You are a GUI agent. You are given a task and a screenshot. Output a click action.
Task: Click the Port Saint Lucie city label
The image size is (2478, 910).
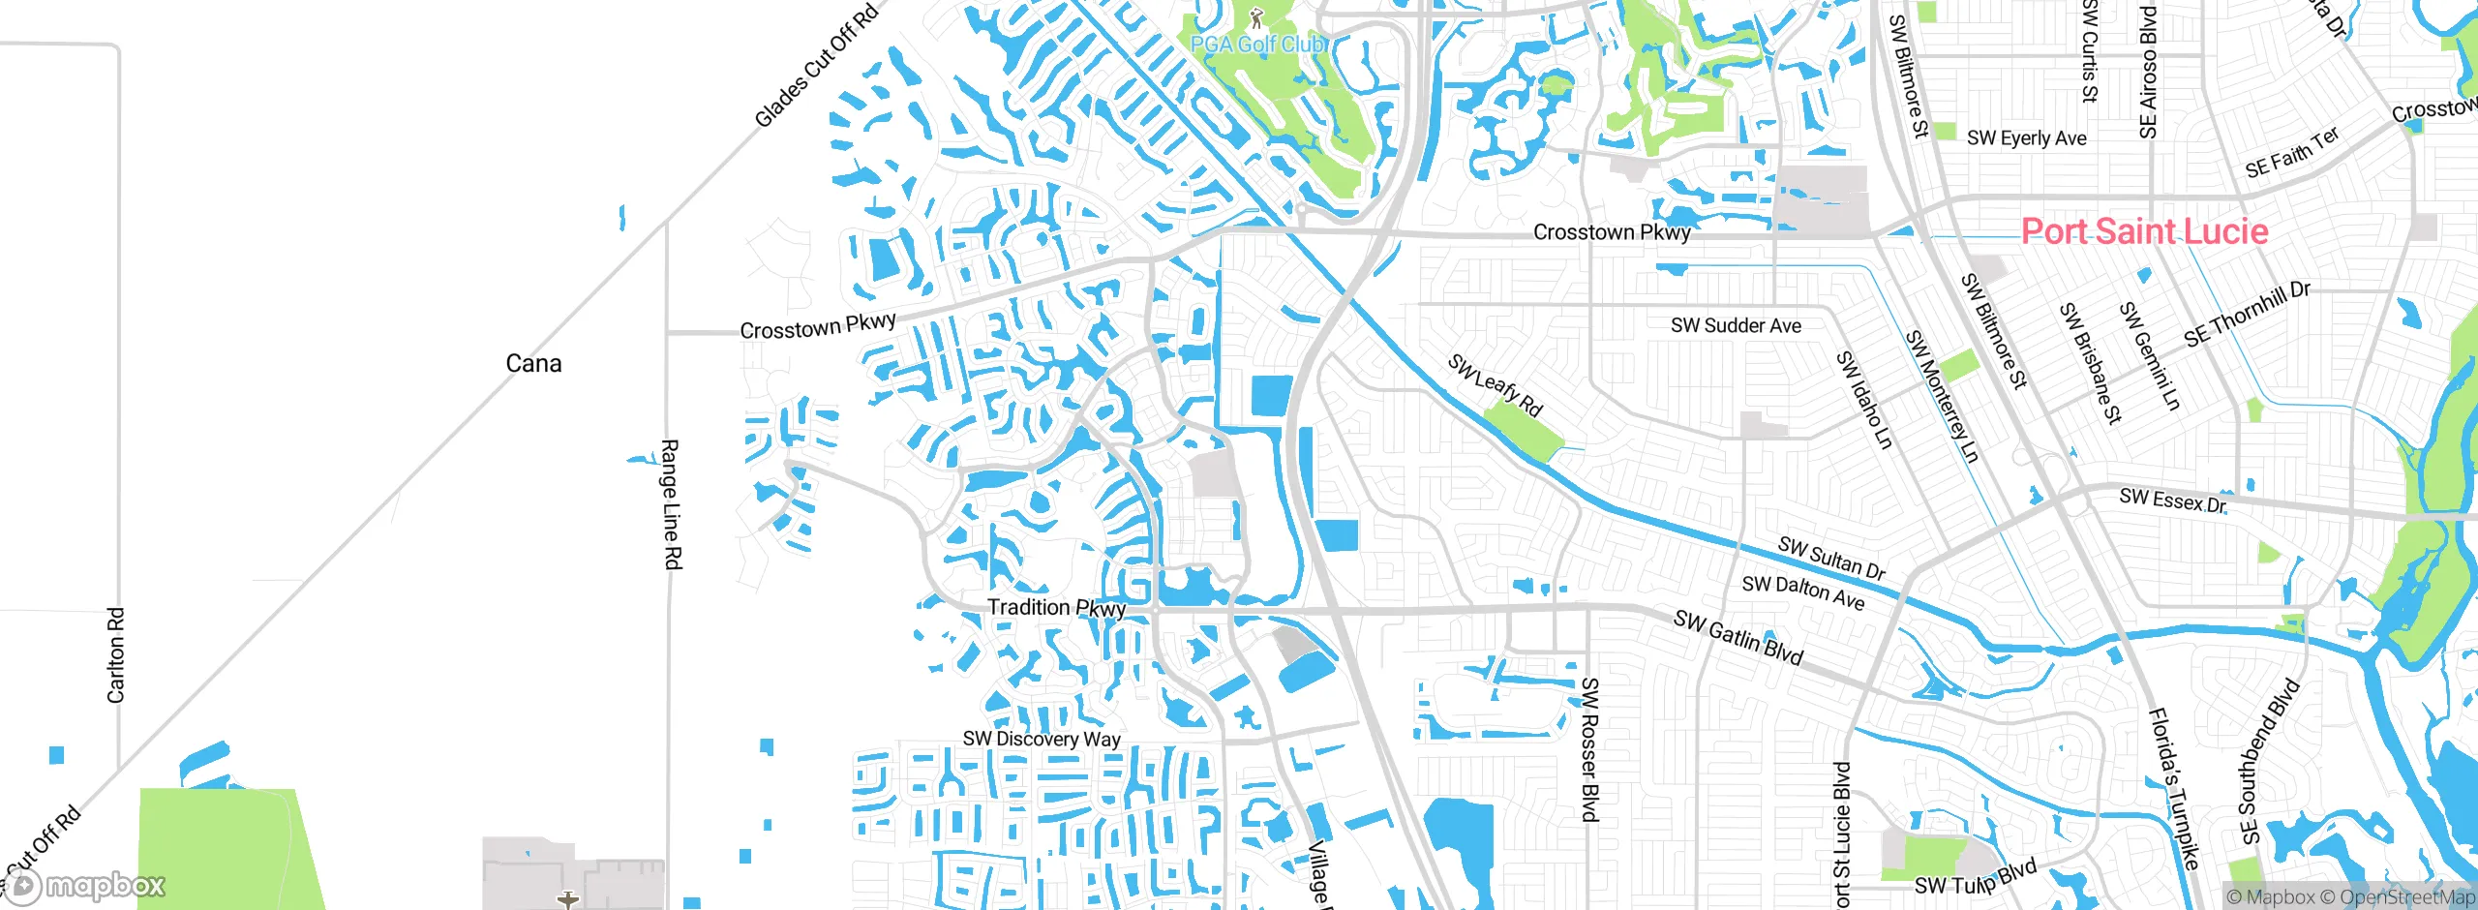pyautogui.click(x=2144, y=230)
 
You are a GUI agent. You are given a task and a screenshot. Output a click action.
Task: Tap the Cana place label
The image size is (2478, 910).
pyautogui.click(x=533, y=363)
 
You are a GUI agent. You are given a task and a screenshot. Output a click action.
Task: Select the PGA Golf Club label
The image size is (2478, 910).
pyautogui.click(x=1258, y=45)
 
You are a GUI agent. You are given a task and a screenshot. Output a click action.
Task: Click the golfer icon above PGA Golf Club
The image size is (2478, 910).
pyautogui.click(x=1256, y=17)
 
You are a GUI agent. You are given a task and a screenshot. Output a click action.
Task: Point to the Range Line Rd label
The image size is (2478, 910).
pyautogui.click(x=671, y=503)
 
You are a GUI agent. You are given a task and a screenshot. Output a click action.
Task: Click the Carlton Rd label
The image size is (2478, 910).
pyautogui.click(x=116, y=654)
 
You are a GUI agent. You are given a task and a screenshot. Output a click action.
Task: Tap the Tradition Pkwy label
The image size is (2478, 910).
pyautogui.click(x=1056, y=608)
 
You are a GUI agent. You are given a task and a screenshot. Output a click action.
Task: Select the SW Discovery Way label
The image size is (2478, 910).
pyautogui.click(x=1042, y=739)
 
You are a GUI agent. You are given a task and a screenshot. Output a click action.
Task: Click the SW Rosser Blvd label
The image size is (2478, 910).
pyautogui.click(x=1589, y=749)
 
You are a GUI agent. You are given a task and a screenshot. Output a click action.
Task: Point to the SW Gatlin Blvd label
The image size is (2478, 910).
pyautogui.click(x=1738, y=638)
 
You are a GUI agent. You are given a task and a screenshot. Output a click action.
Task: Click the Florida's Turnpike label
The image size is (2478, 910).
pyautogui.click(x=2174, y=788)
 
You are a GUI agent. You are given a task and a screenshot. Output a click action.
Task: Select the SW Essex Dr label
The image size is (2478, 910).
pyautogui.click(x=2173, y=500)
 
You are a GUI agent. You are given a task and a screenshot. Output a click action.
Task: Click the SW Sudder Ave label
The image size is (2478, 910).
pyautogui.click(x=1736, y=326)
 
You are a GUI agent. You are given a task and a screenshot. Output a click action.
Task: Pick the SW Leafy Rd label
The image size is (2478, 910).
pyautogui.click(x=1496, y=385)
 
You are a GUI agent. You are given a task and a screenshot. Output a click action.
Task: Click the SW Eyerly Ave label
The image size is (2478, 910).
pyautogui.click(x=2026, y=138)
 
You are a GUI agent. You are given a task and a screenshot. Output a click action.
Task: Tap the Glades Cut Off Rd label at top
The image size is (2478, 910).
pyautogui.click(x=816, y=66)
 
